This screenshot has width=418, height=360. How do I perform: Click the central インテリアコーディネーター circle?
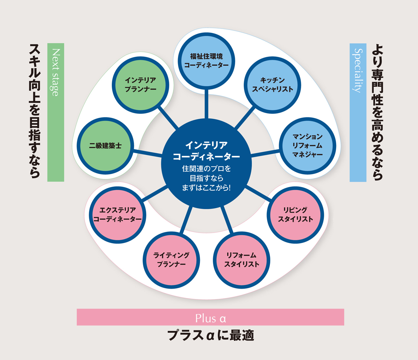tap(206, 164)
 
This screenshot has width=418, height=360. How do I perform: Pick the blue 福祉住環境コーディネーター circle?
tap(206, 61)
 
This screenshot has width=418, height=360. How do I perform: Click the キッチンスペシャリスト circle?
tap(272, 85)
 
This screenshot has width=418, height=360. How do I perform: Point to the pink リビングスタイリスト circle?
tap(295, 215)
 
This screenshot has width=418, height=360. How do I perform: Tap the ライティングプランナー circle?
tap(171, 260)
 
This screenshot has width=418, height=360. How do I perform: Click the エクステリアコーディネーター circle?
tap(117, 215)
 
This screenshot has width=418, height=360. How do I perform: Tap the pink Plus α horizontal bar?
tap(210, 317)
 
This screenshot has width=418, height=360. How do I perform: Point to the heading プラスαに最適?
tap(210, 336)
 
